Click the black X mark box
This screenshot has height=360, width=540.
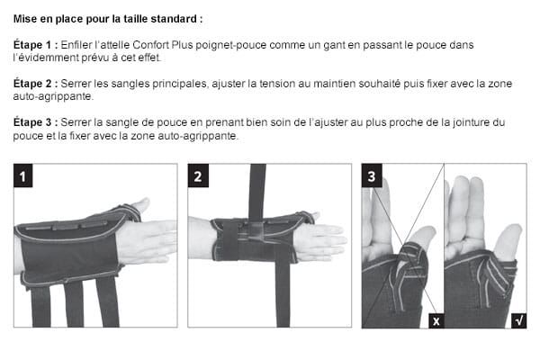point(436,320)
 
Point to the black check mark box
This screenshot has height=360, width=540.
point(519,320)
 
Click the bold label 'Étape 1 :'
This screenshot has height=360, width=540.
point(37,44)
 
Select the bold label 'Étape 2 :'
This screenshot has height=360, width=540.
point(37,83)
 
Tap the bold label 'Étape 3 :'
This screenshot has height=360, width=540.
point(37,121)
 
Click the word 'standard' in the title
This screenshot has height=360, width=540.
point(175,18)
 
